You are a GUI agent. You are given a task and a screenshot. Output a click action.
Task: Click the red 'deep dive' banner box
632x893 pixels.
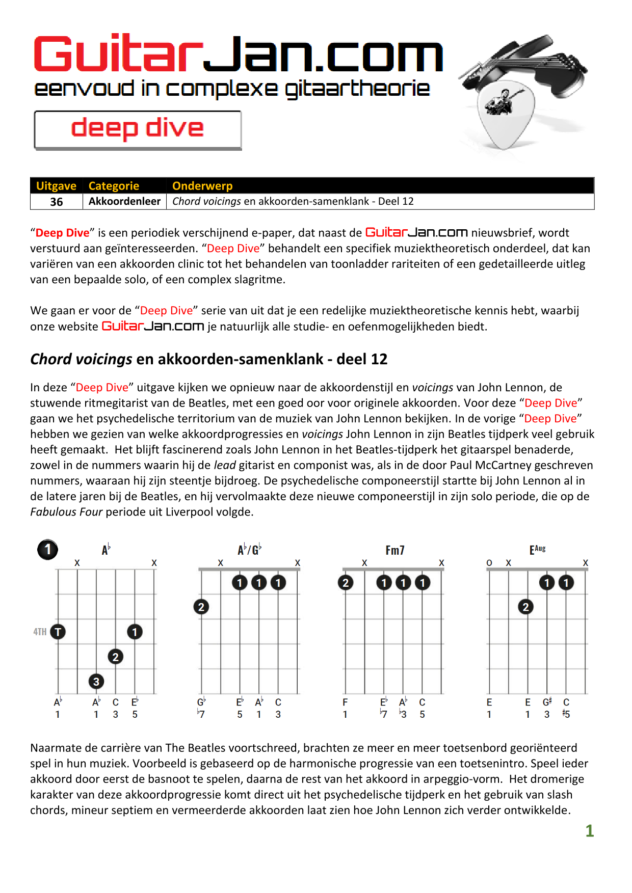click(138, 130)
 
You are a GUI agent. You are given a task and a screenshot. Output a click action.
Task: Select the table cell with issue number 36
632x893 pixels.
click(57, 202)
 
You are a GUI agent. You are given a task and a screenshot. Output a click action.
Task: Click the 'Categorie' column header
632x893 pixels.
click(114, 186)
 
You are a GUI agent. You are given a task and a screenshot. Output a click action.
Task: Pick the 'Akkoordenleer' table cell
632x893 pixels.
click(124, 201)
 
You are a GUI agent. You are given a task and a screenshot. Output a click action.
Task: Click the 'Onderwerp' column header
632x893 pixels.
click(202, 186)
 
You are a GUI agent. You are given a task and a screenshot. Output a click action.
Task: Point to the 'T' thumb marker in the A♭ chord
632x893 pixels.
click(58, 632)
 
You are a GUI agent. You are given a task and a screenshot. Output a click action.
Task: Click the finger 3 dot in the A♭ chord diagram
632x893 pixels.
click(96, 681)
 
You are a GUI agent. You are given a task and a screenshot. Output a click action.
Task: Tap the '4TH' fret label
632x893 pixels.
click(40, 632)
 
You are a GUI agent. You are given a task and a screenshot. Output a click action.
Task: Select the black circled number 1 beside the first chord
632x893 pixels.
click(48, 550)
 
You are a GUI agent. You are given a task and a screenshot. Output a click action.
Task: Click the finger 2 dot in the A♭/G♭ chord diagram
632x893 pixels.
click(201, 607)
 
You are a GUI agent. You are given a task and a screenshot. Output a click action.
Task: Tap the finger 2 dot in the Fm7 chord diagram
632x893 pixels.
click(346, 582)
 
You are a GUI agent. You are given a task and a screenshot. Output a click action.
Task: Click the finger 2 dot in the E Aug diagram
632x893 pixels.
click(526, 607)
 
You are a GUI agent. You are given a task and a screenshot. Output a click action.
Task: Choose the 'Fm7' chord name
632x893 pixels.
click(395, 550)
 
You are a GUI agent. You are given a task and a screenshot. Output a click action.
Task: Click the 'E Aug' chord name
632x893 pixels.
click(537, 549)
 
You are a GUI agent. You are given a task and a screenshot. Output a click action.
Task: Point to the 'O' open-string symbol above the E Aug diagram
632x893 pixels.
click(489, 563)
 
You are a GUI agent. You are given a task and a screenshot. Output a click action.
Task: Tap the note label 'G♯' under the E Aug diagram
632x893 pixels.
click(547, 702)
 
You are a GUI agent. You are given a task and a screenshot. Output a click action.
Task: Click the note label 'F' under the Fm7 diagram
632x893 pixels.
click(345, 702)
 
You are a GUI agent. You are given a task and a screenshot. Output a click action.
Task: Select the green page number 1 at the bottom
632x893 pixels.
click(590, 831)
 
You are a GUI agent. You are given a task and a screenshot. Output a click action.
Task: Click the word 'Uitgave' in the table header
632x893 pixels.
click(56, 186)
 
